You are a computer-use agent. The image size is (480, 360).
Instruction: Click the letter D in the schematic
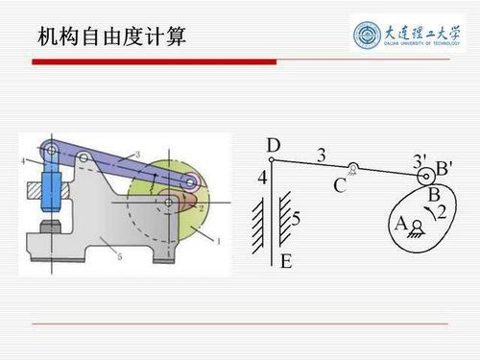(x=274, y=146)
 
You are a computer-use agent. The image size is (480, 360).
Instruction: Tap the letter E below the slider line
(x=285, y=260)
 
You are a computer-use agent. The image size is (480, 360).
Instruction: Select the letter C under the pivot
(x=340, y=186)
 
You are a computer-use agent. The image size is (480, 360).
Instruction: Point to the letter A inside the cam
(x=400, y=223)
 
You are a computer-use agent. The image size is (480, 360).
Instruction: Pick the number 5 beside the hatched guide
(x=296, y=220)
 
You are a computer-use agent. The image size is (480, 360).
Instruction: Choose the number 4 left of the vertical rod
(x=262, y=178)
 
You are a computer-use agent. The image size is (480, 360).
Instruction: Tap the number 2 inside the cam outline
(x=441, y=211)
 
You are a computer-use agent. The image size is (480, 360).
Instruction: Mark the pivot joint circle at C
(x=354, y=169)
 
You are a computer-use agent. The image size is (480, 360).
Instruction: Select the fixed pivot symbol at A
(x=418, y=228)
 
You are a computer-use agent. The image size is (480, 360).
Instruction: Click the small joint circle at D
(x=272, y=160)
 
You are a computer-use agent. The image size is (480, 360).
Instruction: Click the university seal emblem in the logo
(x=369, y=36)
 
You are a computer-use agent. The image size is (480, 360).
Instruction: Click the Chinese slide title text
(x=111, y=37)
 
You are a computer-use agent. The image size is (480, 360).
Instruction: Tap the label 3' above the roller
(x=419, y=158)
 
